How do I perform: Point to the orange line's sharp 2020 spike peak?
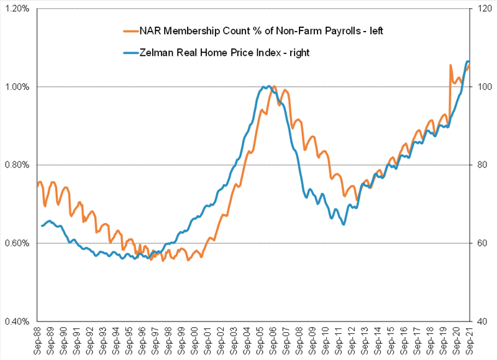tap(450, 65)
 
